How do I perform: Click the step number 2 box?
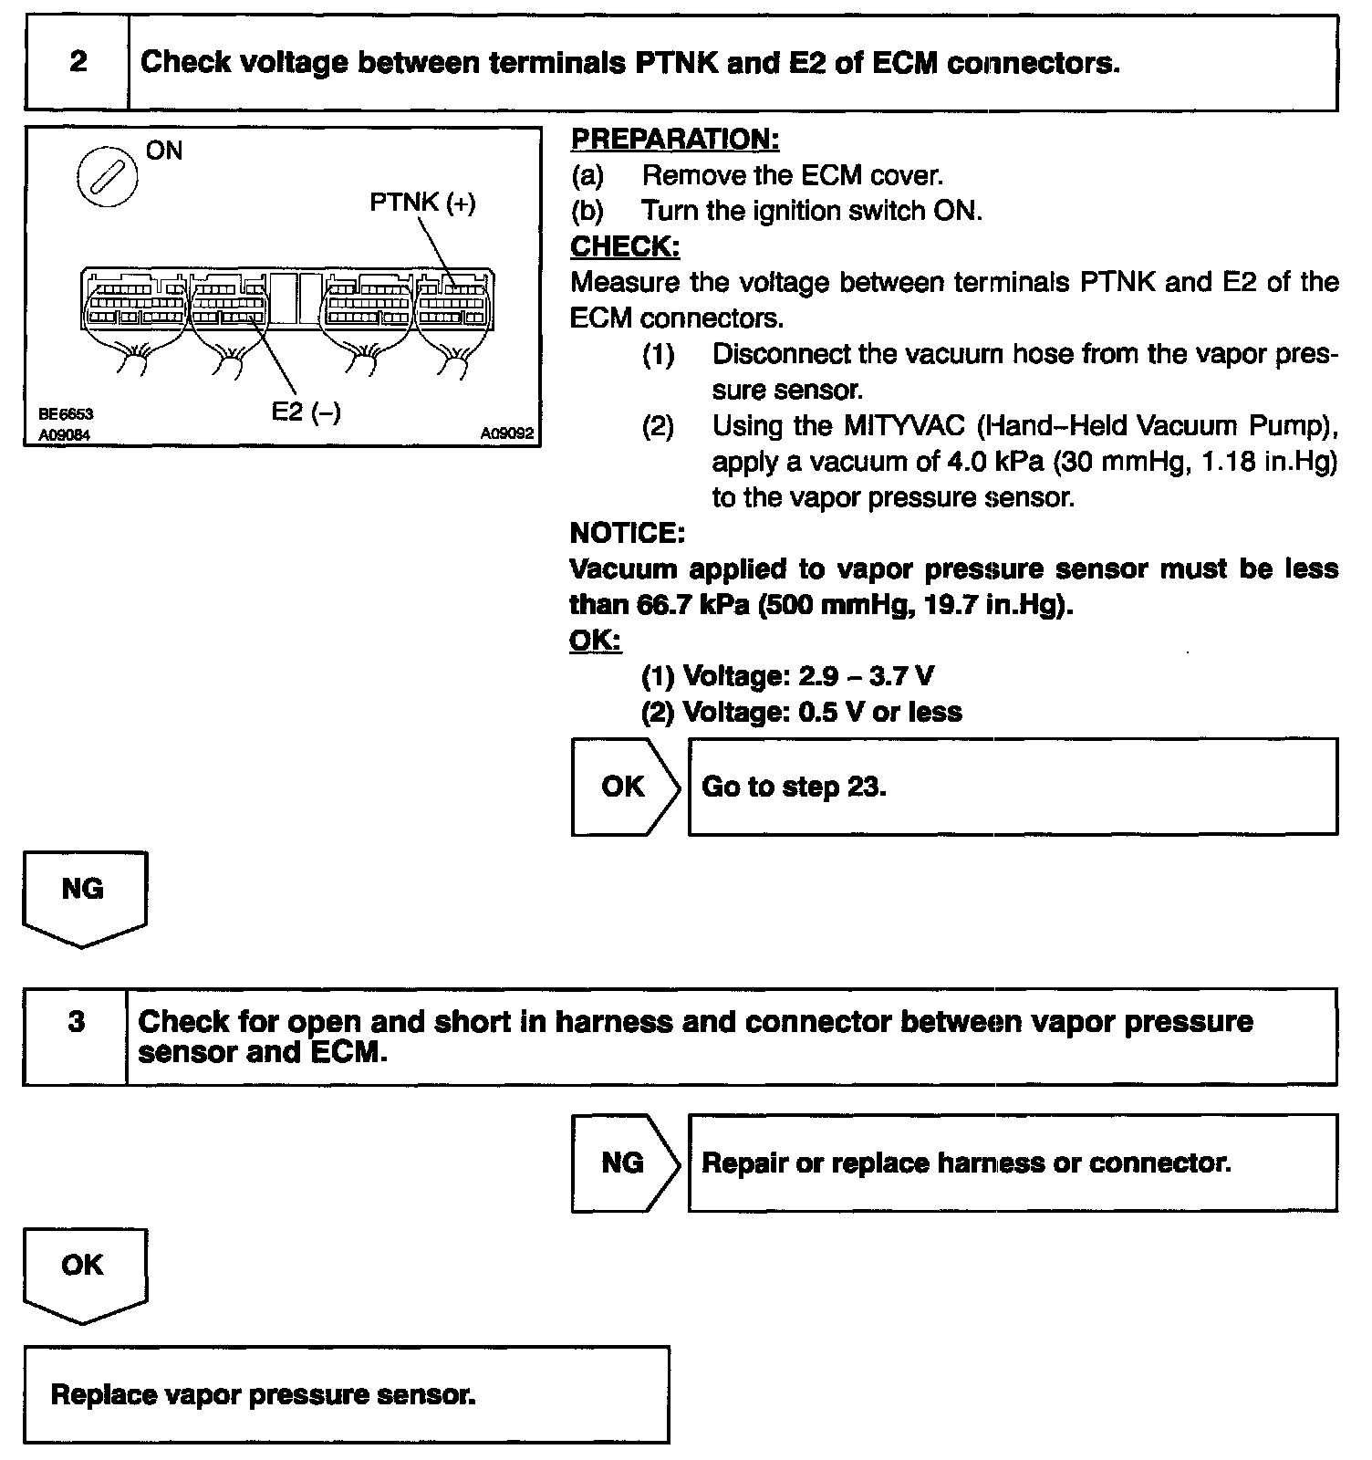click(x=78, y=62)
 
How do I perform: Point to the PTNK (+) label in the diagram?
click(x=422, y=203)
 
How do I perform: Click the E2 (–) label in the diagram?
click(x=307, y=412)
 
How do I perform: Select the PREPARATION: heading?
click(x=674, y=140)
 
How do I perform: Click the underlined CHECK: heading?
click(x=625, y=246)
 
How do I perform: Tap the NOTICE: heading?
click(x=627, y=532)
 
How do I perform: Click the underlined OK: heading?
click(x=595, y=641)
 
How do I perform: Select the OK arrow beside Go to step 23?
click(x=625, y=787)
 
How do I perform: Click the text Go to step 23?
click(x=794, y=787)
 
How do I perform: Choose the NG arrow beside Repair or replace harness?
click(x=625, y=1163)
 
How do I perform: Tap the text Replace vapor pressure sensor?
click(x=264, y=1394)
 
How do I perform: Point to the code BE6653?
click(x=66, y=414)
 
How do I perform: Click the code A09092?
click(x=507, y=434)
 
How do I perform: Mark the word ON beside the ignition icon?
click(x=164, y=151)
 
